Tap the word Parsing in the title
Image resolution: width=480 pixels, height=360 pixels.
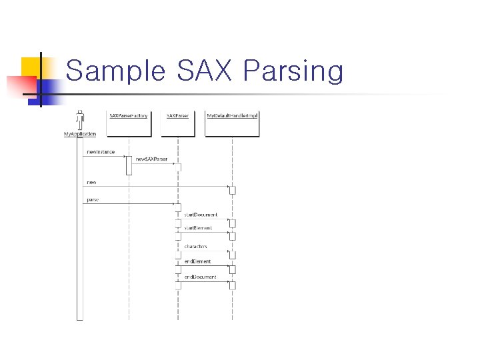point(293,71)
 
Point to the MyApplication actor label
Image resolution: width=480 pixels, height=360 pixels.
point(79,134)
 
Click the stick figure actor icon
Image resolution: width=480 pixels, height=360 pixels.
point(80,120)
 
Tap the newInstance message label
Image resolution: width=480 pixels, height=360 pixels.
point(101,152)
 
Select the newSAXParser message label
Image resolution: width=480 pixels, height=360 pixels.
point(151,159)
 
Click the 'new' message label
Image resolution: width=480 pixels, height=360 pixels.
point(91,182)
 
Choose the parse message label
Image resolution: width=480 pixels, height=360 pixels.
point(93,199)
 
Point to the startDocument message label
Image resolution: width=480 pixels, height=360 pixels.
point(201,215)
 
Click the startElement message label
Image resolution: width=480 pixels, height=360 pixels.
point(198,228)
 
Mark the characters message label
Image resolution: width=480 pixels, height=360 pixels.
point(195,246)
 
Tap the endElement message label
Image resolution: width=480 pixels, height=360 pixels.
point(198,261)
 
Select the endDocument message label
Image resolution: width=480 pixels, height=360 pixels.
point(200,277)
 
